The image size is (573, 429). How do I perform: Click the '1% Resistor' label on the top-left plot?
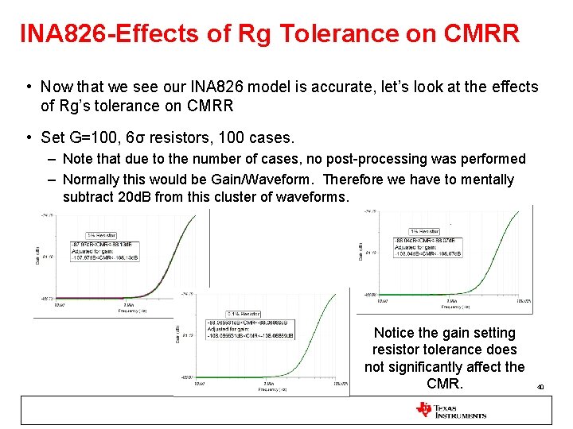pyautogui.click(x=100, y=236)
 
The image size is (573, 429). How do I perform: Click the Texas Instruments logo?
pyautogui.click(x=450, y=411)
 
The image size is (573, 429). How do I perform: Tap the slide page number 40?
pyautogui.click(x=540, y=387)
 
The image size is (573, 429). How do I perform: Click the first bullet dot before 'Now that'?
pyautogui.click(x=28, y=87)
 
